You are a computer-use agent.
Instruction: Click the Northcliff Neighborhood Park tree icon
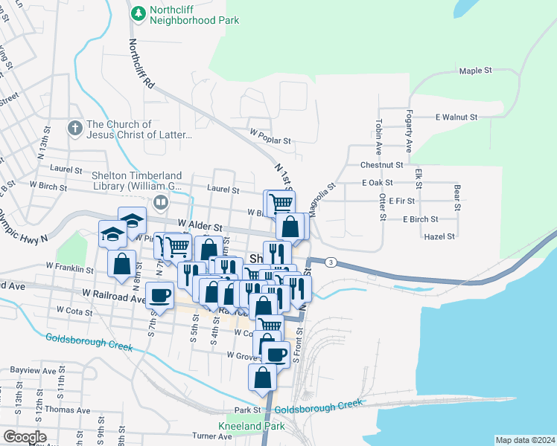click(139, 13)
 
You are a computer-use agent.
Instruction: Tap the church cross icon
click(74, 129)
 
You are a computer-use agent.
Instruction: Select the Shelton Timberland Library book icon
click(159, 202)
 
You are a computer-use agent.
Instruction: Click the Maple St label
click(477, 71)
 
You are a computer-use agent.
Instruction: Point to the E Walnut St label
click(456, 117)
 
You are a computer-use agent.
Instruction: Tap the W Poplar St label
click(270, 139)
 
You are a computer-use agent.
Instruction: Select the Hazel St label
click(439, 236)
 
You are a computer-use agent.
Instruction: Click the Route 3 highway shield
click(331, 262)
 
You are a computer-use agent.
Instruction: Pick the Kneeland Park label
click(241, 427)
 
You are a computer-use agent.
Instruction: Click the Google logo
click(25, 437)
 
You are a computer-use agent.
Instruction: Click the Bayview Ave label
click(34, 370)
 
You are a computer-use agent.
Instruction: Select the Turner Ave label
click(212, 436)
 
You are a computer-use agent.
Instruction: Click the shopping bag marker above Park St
click(263, 377)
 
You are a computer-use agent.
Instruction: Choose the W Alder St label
click(200, 224)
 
